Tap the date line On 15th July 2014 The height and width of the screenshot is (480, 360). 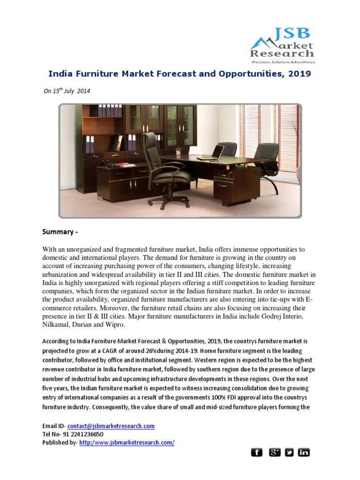67,91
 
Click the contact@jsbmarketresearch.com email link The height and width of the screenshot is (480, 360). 111,426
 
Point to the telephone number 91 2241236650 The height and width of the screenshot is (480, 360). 80,434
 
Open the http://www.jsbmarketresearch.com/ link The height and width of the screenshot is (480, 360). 127,442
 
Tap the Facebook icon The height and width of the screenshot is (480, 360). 256,452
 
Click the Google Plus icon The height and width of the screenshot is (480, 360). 274,452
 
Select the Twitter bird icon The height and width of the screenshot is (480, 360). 289,452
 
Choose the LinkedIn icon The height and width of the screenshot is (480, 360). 304,452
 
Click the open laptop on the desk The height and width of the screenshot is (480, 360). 217,152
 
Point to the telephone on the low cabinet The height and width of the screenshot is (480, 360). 112,165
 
